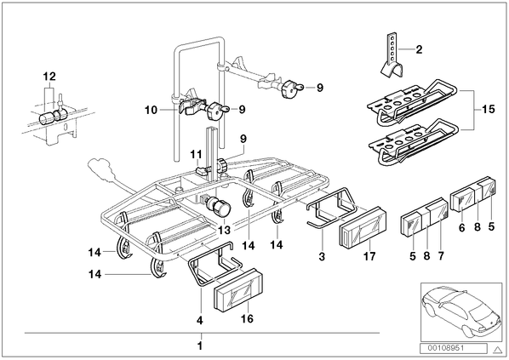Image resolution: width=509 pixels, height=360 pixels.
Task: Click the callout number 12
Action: pos(49,77)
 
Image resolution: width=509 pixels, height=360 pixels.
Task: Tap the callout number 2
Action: pos(419,49)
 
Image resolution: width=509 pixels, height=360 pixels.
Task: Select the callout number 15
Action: pos(489,109)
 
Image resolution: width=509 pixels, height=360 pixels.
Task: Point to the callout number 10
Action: pos(151,111)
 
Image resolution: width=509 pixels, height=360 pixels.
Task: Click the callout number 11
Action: pos(197,154)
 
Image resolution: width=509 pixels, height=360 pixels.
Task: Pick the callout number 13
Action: pos(225,230)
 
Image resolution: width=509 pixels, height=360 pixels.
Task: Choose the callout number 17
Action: pos(369,256)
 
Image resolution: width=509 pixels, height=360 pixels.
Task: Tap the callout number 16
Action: pos(247,319)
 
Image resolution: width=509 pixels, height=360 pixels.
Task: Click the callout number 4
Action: pos(200,321)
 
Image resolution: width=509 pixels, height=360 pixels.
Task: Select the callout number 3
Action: pos(322,257)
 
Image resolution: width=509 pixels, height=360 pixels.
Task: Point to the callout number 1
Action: pos(200,346)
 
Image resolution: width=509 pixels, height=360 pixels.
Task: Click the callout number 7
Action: pos(441,256)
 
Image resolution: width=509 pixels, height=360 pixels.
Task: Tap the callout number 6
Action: pos(462,227)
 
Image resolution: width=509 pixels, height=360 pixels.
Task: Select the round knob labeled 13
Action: pos(220,207)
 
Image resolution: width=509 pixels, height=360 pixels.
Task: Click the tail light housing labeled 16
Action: pos(238,289)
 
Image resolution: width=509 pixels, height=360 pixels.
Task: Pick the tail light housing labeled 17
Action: pos(363,227)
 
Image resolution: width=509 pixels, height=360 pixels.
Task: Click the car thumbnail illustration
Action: pos(461,311)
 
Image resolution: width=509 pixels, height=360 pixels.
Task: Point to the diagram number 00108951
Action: pos(453,348)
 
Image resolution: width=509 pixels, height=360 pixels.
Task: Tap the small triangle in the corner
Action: pos(498,349)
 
